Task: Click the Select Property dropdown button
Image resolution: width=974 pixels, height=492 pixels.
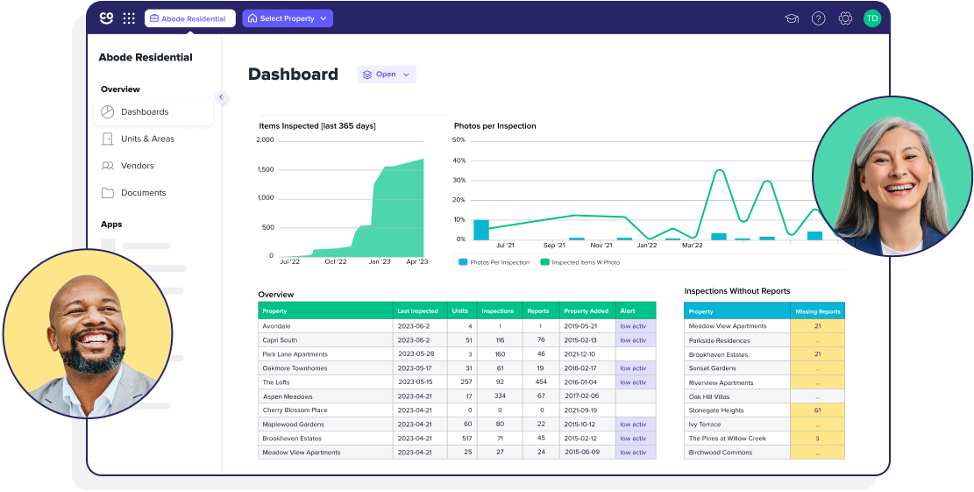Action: pos(288,18)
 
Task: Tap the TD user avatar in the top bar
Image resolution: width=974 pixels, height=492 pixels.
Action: pos(871,18)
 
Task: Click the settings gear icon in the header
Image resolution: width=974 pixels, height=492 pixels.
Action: pos(845,18)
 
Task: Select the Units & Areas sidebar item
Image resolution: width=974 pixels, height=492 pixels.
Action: pos(146,139)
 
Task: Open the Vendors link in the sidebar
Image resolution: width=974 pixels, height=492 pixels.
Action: pos(137,166)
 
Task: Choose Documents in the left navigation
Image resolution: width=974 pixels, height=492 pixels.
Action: pos(143,193)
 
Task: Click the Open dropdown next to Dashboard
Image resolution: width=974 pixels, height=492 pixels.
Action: pos(387,75)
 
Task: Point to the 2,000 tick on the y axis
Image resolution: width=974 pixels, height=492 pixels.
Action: pos(266,140)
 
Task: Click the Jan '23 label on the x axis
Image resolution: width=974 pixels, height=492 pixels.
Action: pos(380,261)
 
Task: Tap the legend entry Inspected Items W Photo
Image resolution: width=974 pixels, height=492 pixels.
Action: pos(585,262)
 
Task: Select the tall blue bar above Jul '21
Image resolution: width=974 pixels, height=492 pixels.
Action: pos(481,230)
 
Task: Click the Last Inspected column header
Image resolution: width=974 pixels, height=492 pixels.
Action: pos(417,311)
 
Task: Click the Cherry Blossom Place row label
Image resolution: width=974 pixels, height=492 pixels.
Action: pos(295,410)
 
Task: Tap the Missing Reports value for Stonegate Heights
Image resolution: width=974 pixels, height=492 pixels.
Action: pos(817,410)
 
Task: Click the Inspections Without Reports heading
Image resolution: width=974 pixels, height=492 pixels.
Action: pos(736,291)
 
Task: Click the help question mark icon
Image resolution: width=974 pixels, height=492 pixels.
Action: pos(818,18)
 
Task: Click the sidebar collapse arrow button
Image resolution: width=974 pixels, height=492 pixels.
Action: pos(221,97)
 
